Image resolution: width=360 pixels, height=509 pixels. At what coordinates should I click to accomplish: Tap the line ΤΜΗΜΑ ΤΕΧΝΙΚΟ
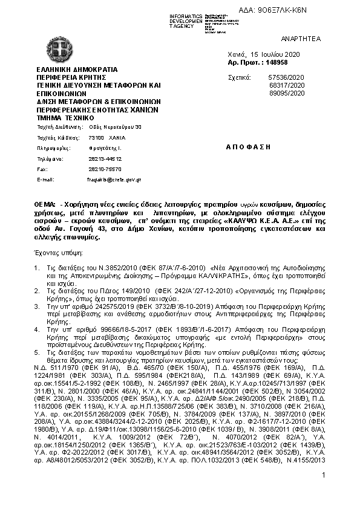coord(67,118)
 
